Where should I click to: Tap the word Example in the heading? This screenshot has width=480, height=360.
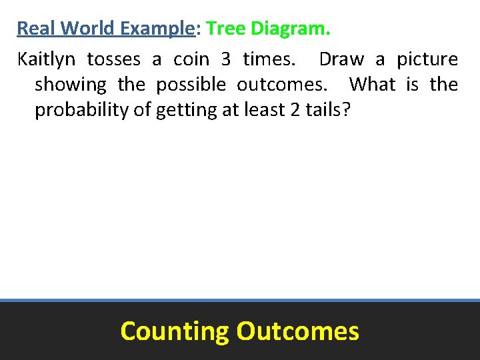(147, 29)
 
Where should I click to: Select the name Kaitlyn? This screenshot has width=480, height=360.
(46, 59)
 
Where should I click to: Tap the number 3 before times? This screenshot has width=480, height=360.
(226, 59)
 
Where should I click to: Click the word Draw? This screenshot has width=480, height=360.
(341, 59)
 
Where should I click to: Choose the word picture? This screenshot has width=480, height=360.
(427, 59)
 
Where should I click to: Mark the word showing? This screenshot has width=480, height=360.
(71, 85)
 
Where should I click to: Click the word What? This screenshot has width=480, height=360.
(372, 85)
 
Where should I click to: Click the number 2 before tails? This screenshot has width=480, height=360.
(295, 110)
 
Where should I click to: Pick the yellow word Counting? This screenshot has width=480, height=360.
(174, 331)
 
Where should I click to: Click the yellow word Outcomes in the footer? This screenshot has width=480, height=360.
(297, 331)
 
